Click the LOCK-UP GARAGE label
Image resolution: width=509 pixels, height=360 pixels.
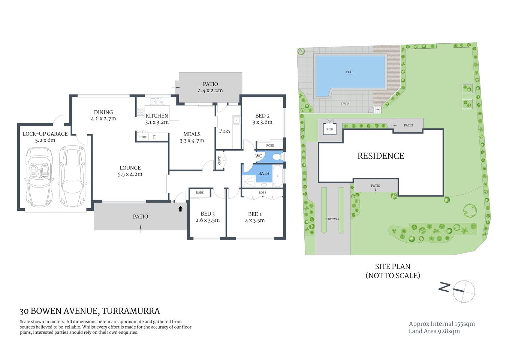(45, 134)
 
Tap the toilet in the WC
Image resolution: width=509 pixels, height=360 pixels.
(277, 156)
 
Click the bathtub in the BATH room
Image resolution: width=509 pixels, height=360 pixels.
(277, 176)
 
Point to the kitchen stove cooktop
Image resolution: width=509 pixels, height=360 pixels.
(141, 112)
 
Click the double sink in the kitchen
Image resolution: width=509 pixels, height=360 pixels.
(157, 101)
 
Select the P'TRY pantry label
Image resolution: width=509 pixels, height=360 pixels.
(142, 137)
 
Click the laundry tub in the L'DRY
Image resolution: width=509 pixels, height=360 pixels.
(236, 120)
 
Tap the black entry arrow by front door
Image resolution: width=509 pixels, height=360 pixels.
(180, 208)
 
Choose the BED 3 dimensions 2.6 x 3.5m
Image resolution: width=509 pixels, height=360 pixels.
(208, 220)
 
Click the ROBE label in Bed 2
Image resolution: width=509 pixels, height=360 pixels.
(270, 145)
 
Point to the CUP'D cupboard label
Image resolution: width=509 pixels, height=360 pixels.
(220, 160)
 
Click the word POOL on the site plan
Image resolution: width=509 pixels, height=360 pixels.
(350, 72)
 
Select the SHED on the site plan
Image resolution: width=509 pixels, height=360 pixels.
(329, 129)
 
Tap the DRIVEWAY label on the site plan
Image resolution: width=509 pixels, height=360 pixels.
(332, 219)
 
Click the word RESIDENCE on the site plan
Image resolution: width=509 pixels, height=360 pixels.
(380, 156)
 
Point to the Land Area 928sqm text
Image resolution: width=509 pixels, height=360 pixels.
(434, 331)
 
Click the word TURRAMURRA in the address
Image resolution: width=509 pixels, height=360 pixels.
(131, 311)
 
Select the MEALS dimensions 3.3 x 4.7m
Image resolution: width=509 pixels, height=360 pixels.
(192, 141)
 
